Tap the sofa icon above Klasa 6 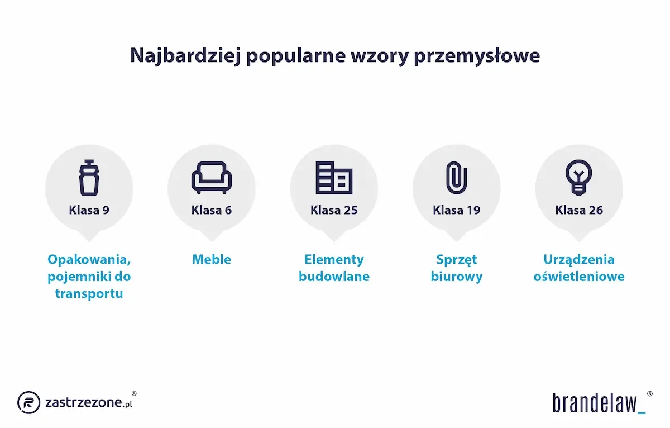point(212,178)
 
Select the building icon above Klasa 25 point(334,178)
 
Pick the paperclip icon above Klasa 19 point(456,178)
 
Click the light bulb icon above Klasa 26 point(579,177)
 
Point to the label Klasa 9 point(89,211)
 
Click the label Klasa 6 point(212,211)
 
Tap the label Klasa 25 point(334,211)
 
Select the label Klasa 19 point(456,211)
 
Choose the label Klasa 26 point(579,211)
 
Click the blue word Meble point(212,259)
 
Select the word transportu point(89,293)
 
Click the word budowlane point(334,277)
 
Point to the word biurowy point(456,277)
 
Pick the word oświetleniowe point(579,277)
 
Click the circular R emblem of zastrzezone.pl point(28,402)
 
